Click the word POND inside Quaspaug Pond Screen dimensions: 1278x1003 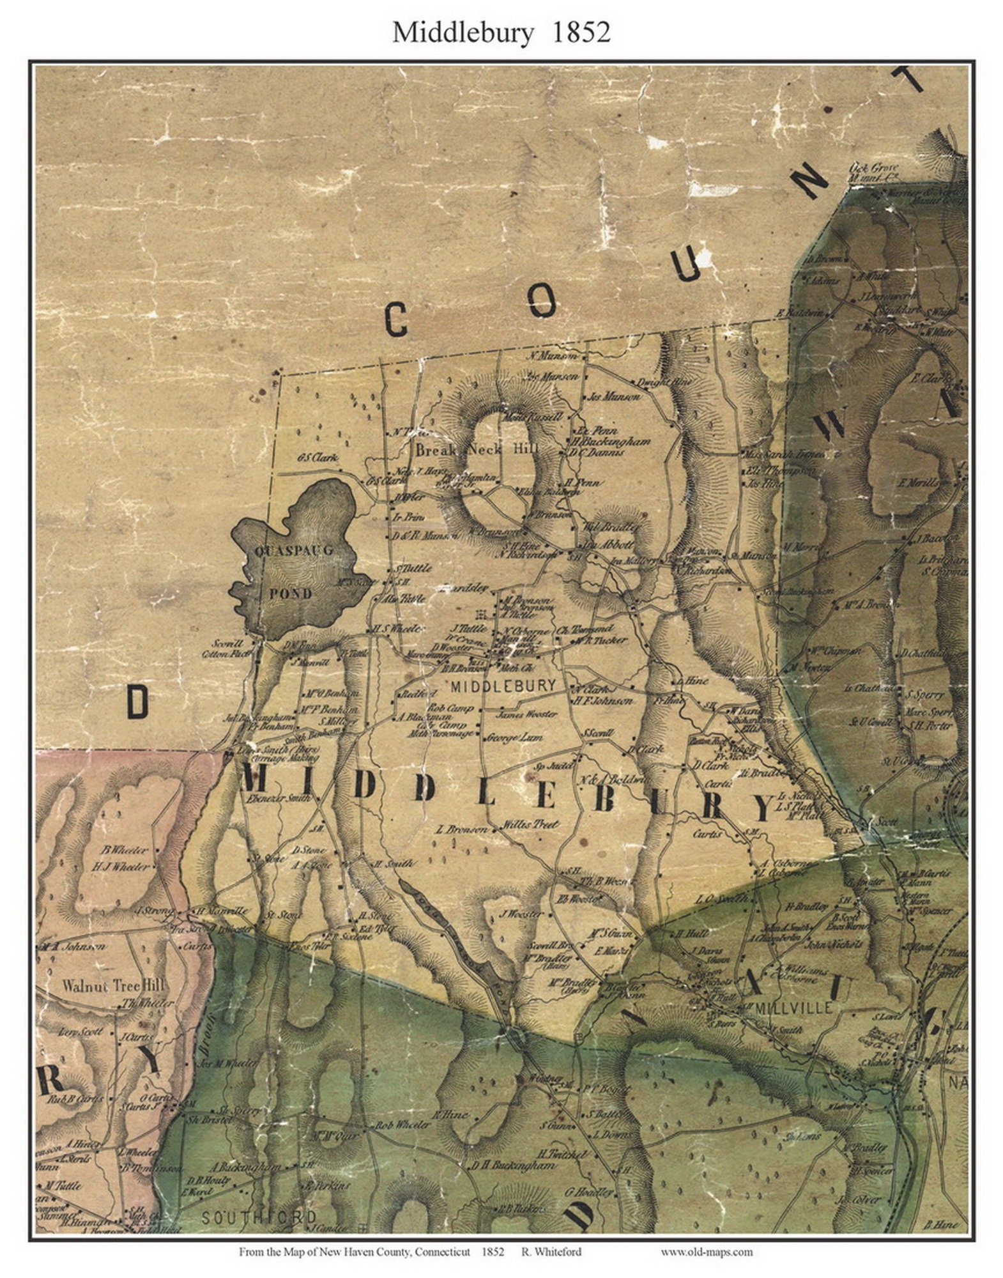click(x=290, y=593)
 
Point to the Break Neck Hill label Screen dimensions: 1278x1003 click(x=476, y=449)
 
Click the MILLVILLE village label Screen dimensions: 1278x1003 click(x=794, y=1008)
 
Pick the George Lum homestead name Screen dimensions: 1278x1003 click(x=514, y=737)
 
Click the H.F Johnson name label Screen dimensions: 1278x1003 click(x=602, y=701)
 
